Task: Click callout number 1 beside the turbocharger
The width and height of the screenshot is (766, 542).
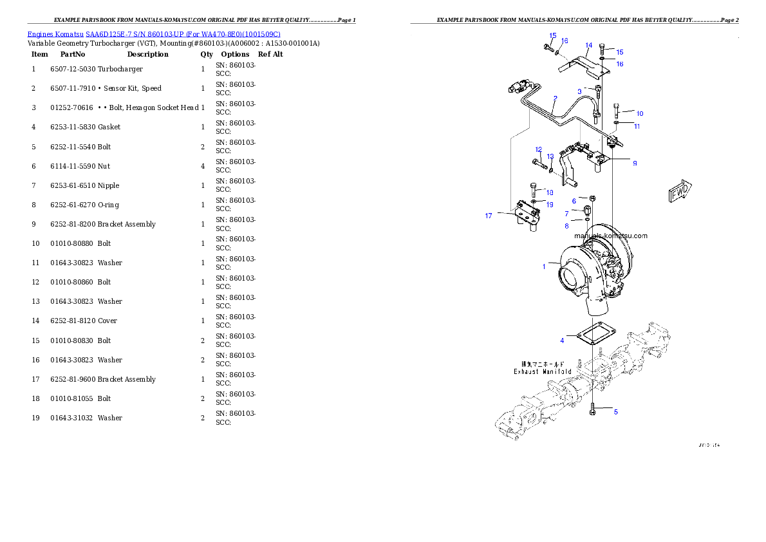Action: pos(544,266)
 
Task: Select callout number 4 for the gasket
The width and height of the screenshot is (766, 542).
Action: pos(562,340)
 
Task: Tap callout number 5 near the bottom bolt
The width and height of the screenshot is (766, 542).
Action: pos(615,412)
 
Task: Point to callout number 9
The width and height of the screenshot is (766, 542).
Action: pos(635,164)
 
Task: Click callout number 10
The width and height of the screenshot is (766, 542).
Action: pos(639,113)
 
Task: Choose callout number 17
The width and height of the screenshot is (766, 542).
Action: pos(489,216)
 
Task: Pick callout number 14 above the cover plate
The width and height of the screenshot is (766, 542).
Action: pos(588,46)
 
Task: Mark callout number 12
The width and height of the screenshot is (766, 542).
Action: pos(538,149)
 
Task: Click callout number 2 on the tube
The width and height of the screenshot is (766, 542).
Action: pos(555,98)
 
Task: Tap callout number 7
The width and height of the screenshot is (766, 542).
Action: pos(567,213)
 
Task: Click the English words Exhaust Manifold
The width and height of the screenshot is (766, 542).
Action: pos(542,371)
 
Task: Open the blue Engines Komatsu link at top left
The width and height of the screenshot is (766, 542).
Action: pos(154,33)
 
